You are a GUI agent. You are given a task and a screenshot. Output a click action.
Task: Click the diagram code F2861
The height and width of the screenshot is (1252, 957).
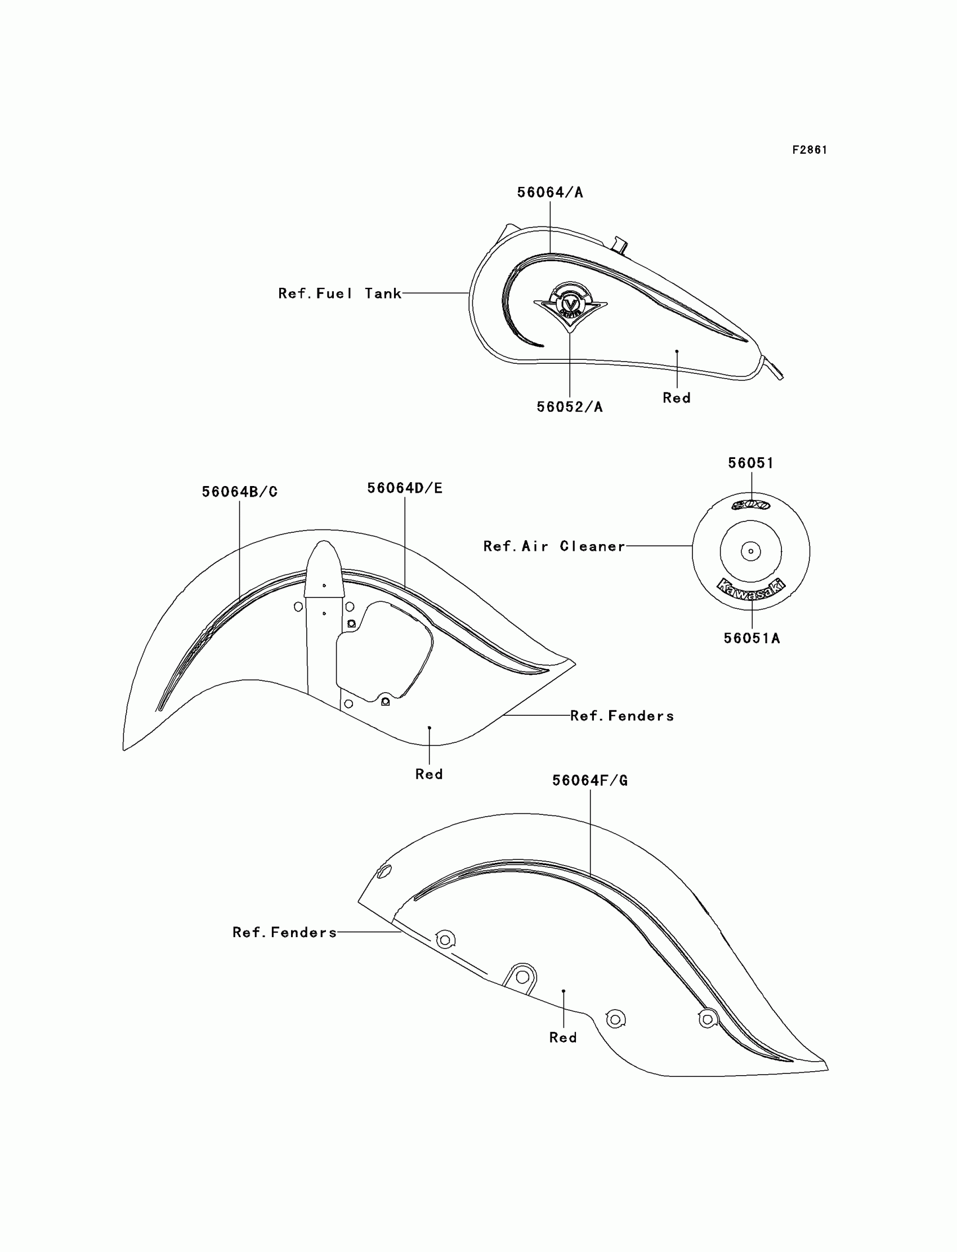coord(809,150)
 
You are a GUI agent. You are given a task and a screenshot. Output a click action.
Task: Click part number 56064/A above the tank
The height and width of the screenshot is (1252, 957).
coord(549,193)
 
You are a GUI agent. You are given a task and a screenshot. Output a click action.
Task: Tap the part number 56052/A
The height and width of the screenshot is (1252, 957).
coord(569,407)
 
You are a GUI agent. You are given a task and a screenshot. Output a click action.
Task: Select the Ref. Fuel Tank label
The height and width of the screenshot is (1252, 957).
coord(339,293)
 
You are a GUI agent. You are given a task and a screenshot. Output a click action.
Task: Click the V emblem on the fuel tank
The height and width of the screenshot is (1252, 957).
coord(570,306)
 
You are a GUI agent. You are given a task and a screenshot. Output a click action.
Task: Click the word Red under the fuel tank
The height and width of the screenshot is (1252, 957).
coord(676,398)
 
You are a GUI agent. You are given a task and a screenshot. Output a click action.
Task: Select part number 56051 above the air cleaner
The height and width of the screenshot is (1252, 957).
coord(751,463)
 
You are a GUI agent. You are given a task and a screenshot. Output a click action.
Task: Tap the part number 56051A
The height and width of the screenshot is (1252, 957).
coord(752,638)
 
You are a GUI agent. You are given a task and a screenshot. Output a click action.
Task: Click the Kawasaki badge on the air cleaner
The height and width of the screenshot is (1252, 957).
coord(751,589)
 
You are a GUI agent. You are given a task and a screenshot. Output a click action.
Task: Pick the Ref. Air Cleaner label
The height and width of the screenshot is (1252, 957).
coord(554,546)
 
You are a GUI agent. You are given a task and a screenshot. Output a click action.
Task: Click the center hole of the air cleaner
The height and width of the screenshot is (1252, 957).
coord(751,551)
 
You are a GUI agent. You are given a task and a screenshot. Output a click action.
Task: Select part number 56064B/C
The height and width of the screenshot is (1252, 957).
coord(239,492)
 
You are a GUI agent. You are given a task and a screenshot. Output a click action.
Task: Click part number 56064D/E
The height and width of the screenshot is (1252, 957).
coord(404,488)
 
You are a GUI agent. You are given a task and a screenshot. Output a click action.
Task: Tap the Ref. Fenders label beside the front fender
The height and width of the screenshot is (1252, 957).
coord(621,716)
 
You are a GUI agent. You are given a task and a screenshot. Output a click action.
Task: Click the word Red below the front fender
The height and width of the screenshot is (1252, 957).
coord(429,774)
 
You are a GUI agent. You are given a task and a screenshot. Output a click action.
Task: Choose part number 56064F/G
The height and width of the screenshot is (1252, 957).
coord(589,781)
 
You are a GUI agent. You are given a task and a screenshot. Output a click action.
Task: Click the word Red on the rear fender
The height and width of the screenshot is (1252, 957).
coord(563,1038)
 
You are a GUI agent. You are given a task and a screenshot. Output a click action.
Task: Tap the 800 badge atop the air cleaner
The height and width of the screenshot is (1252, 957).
coord(751,505)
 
